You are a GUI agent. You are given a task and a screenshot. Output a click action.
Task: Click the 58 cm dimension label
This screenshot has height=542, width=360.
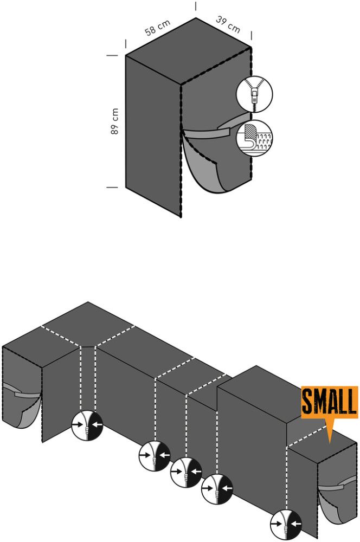tap(158, 28)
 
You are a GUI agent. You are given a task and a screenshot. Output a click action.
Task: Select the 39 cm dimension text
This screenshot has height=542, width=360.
tap(228, 24)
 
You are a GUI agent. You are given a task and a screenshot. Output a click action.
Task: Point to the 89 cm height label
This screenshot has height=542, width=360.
tap(115, 121)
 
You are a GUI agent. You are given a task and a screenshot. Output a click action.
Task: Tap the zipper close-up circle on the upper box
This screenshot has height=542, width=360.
tap(254, 94)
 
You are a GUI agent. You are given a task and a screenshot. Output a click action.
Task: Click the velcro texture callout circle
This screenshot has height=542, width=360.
tap(254, 138)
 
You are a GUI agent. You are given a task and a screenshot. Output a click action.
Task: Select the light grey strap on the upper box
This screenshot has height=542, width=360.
tap(211, 130)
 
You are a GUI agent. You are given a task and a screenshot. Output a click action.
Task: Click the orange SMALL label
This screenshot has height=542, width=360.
tap(330, 402)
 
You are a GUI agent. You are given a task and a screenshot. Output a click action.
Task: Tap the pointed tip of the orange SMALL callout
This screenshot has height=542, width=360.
tap(330, 443)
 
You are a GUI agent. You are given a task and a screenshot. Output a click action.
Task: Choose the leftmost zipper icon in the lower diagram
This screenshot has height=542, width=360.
tap(87, 425)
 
